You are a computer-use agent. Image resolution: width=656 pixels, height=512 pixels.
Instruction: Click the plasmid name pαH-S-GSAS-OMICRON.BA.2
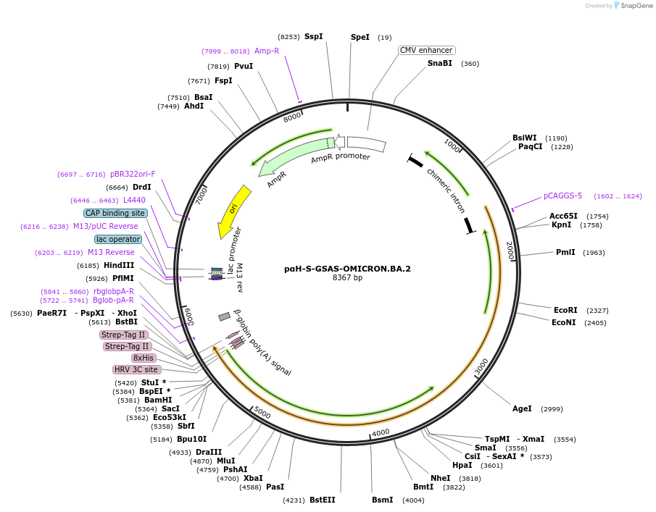[x=347, y=269]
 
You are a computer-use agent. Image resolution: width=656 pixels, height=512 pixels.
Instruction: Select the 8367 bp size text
[x=347, y=278]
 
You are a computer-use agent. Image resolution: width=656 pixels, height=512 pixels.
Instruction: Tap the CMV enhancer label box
[x=426, y=50]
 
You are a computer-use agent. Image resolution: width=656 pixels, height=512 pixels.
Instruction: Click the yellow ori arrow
[x=234, y=211]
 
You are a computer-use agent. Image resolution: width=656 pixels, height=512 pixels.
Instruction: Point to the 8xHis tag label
[x=143, y=358]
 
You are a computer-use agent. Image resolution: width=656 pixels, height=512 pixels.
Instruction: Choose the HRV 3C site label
[x=136, y=369]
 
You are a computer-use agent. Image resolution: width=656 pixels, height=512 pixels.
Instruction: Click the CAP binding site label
[x=115, y=213]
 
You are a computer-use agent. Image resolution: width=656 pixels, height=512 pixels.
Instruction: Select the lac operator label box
[x=117, y=239]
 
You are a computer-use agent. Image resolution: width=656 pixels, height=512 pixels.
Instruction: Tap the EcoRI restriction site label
[x=565, y=310]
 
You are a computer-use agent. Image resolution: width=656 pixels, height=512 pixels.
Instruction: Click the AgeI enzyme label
[x=522, y=408]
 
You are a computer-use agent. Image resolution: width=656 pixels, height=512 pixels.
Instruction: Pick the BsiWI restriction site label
[x=524, y=138]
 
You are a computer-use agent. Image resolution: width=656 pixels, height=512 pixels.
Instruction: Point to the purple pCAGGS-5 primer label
[x=562, y=196]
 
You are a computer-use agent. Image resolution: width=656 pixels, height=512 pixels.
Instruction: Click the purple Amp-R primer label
[x=266, y=51]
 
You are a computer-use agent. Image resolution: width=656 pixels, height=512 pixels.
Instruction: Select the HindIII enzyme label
[x=119, y=265]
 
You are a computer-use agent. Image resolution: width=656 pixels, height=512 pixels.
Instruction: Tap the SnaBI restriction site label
[x=439, y=63]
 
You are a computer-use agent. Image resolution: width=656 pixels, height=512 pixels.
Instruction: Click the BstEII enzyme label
[x=322, y=500]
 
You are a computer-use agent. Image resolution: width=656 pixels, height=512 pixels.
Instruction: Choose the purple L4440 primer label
[x=134, y=200]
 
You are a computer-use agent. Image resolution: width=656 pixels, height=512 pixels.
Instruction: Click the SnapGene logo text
[x=634, y=6]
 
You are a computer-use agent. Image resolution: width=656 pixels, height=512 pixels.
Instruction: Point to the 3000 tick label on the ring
[x=481, y=368]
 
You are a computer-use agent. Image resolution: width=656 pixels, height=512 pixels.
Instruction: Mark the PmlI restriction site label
[x=565, y=252]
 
